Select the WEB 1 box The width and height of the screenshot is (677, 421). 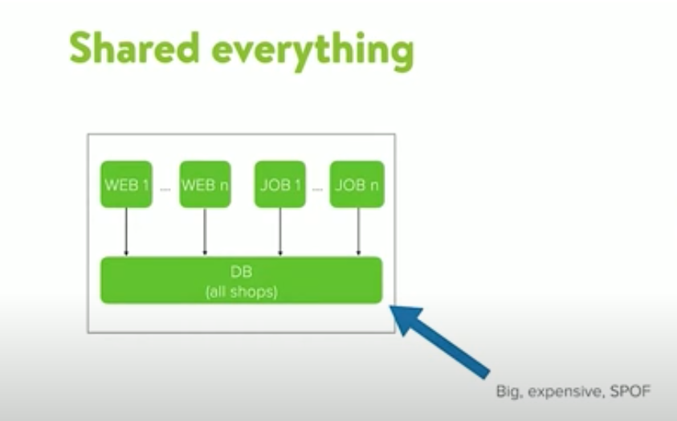point(126,185)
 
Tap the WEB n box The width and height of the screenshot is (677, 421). point(205,185)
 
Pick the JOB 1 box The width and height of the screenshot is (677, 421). point(279,185)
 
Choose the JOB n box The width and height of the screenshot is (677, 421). point(357,185)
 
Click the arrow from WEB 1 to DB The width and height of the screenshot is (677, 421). point(126,232)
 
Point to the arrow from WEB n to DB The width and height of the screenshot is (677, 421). point(205,232)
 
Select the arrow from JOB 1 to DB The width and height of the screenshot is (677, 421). point(279,232)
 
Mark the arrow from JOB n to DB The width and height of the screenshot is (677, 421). point(357,232)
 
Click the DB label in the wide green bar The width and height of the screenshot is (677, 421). point(241,272)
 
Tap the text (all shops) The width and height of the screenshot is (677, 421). point(241,291)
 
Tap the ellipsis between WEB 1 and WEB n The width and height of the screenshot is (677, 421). point(165,190)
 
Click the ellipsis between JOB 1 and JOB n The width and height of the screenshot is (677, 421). point(318,190)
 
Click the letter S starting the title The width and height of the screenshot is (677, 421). point(82,49)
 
